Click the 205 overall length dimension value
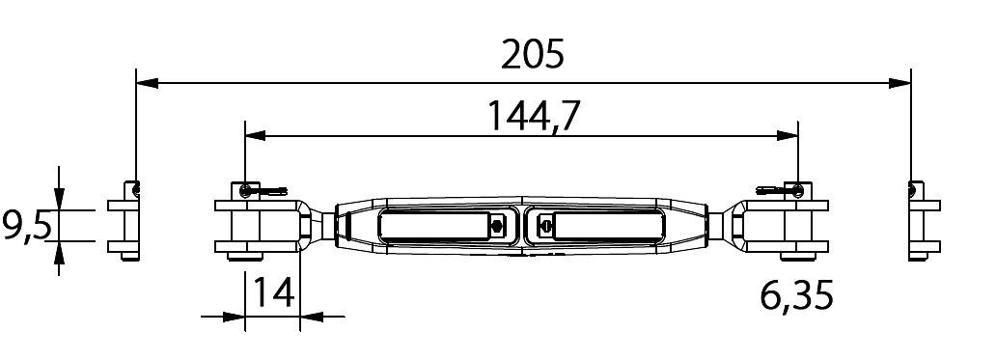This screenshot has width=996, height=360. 533,55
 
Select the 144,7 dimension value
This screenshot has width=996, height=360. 534,116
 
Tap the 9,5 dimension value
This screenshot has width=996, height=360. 26,226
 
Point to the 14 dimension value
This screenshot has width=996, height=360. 274,292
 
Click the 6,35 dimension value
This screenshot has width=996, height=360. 796,296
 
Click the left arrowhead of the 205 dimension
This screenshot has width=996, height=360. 147,83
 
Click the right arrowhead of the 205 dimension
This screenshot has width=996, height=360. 900,83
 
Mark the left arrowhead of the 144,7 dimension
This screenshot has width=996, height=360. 256,135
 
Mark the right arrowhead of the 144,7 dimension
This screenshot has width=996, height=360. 788,135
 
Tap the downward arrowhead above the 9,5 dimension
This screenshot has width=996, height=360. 59,198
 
